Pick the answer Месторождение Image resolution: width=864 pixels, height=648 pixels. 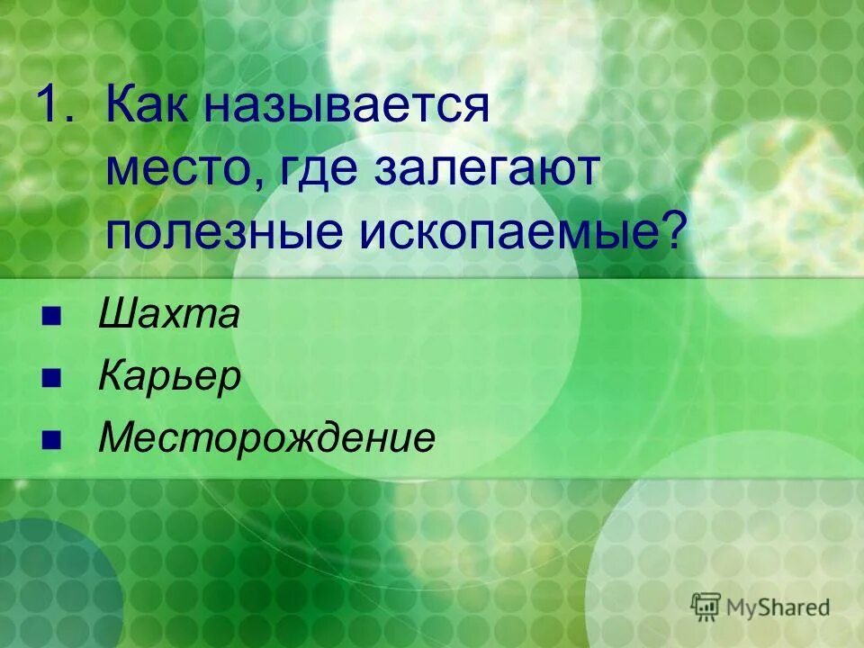point(267,438)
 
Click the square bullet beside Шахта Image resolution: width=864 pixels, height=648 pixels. point(50,316)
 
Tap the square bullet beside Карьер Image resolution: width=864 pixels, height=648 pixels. point(50,377)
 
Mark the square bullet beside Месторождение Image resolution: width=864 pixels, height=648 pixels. point(50,438)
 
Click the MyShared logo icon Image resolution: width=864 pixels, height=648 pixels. point(706,607)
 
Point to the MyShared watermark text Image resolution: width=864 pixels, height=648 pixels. point(779,607)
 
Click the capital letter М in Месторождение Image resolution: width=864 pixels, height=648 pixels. point(117,438)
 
